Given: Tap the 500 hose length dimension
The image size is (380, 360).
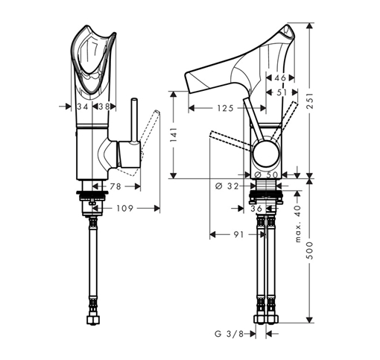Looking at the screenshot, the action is [x=311, y=250].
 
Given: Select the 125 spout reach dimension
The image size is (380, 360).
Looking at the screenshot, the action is [x=225, y=108].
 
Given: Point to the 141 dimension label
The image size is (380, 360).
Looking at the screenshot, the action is [x=174, y=134].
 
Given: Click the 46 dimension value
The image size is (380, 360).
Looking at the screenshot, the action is [x=280, y=78].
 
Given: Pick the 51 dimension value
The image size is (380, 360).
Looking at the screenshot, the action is [x=282, y=92].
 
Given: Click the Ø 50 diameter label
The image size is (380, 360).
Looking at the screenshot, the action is [x=266, y=175].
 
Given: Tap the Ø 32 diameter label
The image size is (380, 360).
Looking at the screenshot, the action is [x=227, y=186].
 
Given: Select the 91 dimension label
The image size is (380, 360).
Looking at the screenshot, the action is [x=238, y=234].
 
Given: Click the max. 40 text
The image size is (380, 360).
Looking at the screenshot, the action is [x=298, y=224].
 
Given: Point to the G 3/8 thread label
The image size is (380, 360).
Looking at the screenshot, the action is [x=229, y=334].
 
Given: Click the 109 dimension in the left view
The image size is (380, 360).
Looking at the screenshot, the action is [x=125, y=208].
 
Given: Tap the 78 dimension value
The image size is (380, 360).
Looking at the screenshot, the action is [x=115, y=186].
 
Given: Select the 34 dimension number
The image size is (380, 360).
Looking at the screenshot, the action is [x=83, y=107].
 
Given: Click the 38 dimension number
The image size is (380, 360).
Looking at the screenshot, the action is [x=104, y=107].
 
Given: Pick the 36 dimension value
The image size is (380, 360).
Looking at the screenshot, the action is [x=256, y=209].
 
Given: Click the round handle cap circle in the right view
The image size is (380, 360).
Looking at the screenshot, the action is [x=266, y=154].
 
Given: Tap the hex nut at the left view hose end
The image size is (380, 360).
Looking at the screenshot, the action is [x=93, y=320].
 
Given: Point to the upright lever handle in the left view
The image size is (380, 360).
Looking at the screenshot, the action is [x=134, y=121].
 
